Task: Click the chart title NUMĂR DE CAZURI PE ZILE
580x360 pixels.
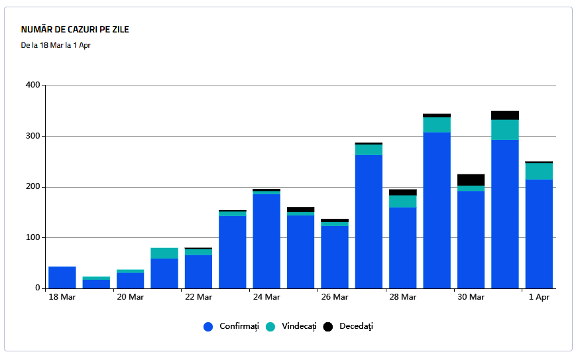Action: click(75, 30)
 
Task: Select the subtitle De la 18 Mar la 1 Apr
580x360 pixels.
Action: click(56, 46)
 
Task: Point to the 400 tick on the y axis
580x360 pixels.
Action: click(33, 86)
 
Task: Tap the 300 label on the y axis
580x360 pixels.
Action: click(33, 137)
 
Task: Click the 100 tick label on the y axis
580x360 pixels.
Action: click(33, 237)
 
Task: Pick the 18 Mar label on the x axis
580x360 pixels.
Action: click(62, 297)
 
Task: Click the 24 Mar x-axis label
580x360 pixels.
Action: click(266, 297)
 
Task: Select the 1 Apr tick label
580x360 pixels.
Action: click(539, 297)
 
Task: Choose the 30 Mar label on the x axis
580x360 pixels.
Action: click(471, 297)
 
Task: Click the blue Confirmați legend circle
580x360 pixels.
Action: click(208, 327)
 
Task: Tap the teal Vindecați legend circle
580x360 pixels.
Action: click(270, 327)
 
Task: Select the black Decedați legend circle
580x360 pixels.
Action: click(327, 327)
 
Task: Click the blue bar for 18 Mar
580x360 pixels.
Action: click(62, 277)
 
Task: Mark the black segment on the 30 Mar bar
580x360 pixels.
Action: click(471, 180)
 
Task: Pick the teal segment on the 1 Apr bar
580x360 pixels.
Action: click(539, 171)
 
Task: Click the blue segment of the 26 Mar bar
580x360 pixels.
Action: click(335, 257)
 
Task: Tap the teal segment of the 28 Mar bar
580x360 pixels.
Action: click(403, 201)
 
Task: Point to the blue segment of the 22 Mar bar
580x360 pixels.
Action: click(198, 272)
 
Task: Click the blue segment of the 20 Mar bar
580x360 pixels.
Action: click(131, 280)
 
